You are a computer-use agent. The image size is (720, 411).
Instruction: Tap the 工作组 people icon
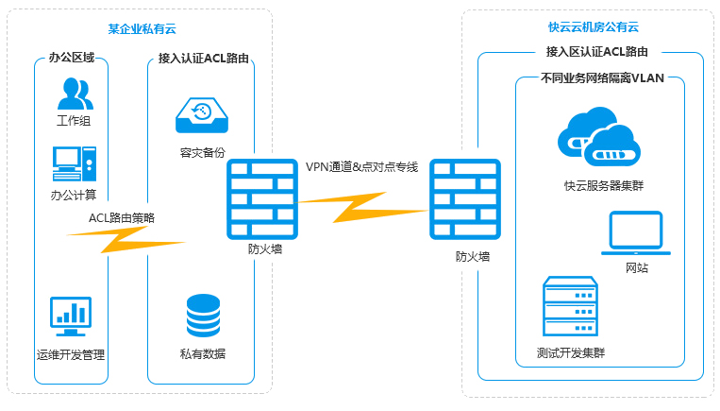tap(74, 94)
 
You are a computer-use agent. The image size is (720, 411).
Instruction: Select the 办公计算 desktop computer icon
tap(74, 163)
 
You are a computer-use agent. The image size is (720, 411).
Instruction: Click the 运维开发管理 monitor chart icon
tap(71, 317)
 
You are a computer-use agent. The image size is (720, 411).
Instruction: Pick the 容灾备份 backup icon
tap(202, 114)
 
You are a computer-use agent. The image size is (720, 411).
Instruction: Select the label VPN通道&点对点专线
tap(361, 166)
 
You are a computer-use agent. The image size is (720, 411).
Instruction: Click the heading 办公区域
tap(72, 58)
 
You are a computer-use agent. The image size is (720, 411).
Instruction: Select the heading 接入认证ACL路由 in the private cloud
tap(203, 58)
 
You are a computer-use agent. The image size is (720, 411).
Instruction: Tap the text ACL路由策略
tap(122, 217)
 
